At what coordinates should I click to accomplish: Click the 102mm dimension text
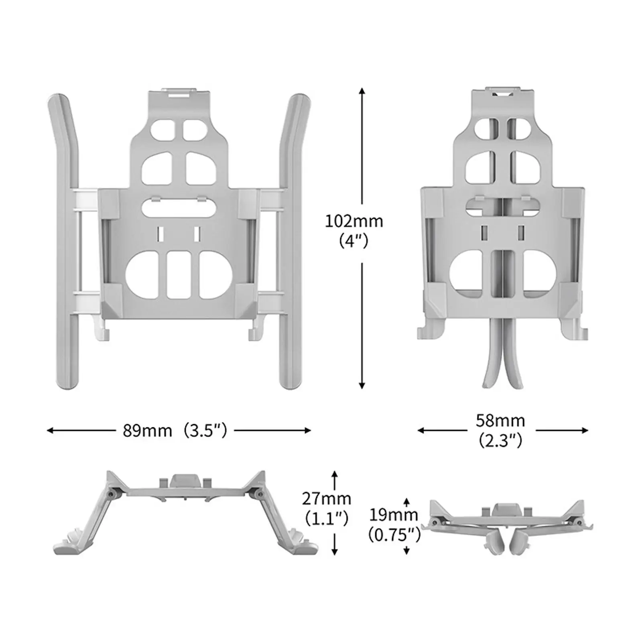[x=354, y=221]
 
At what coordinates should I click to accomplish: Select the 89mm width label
[x=147, y=431]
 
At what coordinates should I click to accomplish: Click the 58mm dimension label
[x=500, y=421]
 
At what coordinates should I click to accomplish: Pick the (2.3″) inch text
[x=500, y=441]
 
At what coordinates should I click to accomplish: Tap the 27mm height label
[x=326, y=499]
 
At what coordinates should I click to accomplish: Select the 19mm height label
[x=393, y=514]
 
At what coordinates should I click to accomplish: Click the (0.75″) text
[x=394, y=534]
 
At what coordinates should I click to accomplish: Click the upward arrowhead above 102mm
[x=362, y=91]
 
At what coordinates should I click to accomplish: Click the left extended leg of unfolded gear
[x=64, y=241]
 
